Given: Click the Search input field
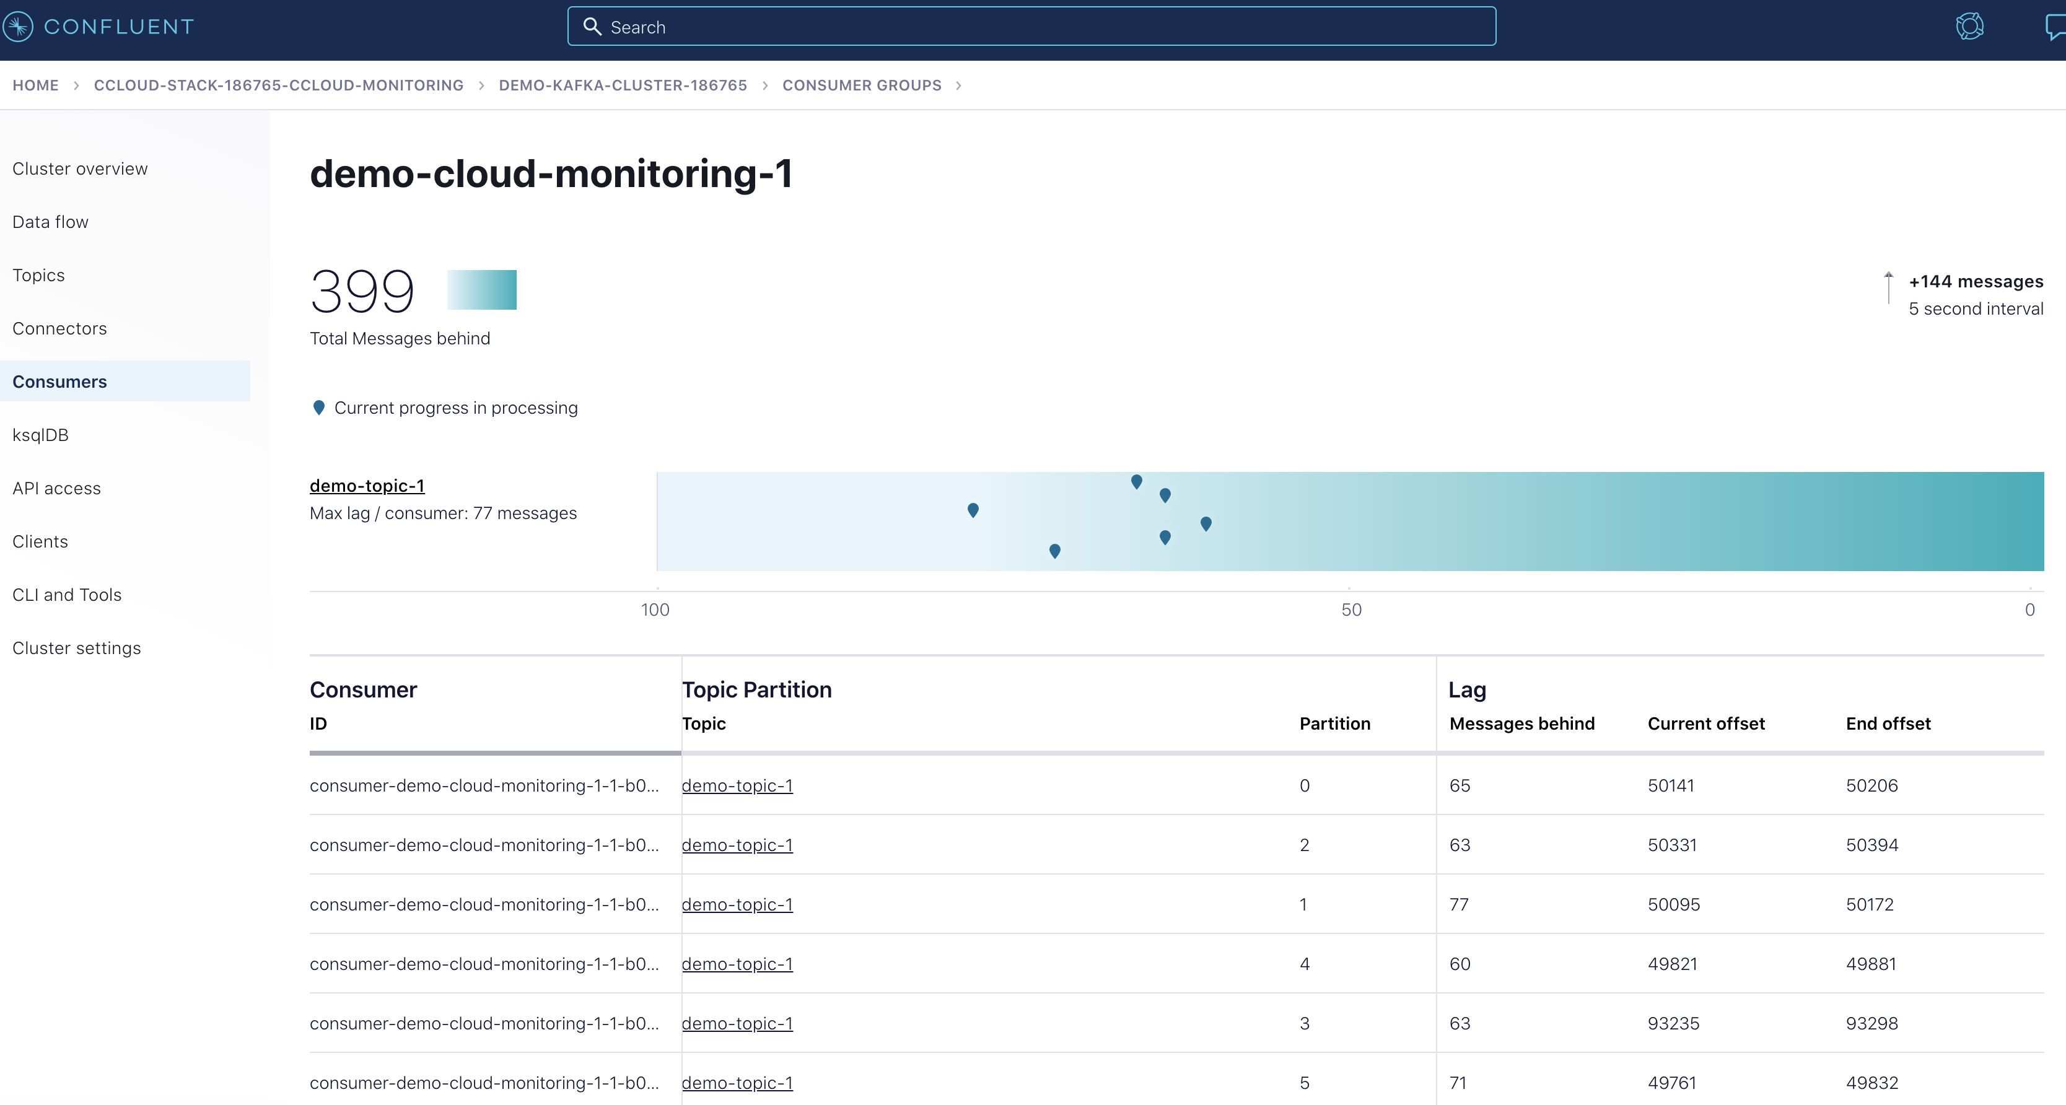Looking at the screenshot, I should point(1031,27).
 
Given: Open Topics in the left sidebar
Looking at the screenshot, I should point(38,275).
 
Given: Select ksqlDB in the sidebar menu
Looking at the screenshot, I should point(40,435).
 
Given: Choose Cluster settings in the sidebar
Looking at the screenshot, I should point(76,648).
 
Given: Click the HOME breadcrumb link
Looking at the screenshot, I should point(35,85).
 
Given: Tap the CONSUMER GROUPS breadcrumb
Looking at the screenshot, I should point(861,85).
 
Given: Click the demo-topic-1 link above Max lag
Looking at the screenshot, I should point(367,486).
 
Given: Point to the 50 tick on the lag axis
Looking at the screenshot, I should point(1350,609).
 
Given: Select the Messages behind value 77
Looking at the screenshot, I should point(1458,904).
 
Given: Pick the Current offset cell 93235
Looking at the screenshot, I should point(1673,1023).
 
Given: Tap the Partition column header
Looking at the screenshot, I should point(1334,723).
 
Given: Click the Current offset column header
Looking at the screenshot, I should point(1706,723).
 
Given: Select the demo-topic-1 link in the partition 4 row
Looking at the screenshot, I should point(736,964).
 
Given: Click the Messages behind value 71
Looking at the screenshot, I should point(1457,1083).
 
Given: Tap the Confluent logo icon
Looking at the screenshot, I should point(17,27).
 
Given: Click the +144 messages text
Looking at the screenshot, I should point(1976,281).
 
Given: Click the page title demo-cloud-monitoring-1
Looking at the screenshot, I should point(551,174).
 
